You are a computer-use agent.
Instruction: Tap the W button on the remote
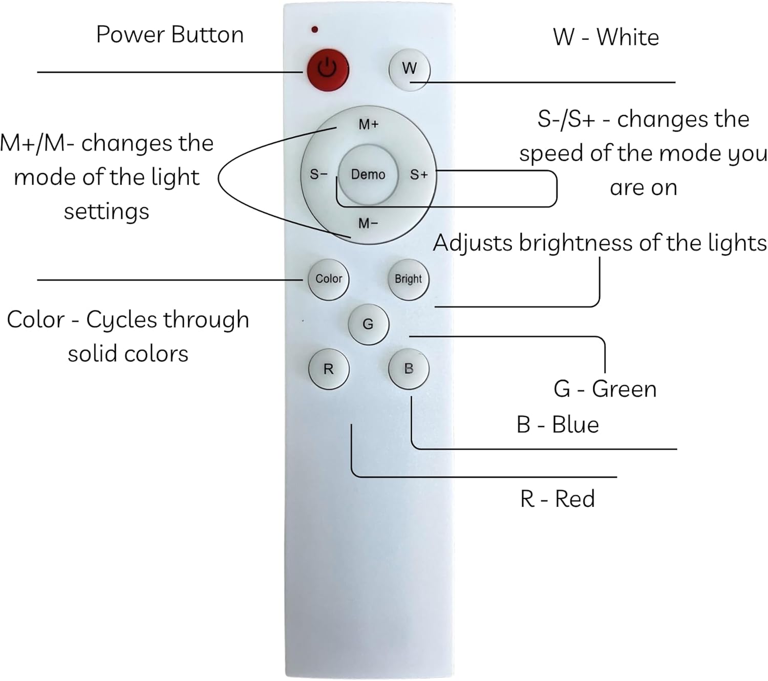(x=409, y=69)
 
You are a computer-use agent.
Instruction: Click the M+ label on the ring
(x=369, y=124)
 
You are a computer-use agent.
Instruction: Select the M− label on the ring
(x=369, y=223)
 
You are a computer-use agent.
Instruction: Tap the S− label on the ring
(x=318, y=175)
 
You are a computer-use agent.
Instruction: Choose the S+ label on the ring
(x=419, y=175)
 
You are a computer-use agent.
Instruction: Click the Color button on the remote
(x=329, y=279)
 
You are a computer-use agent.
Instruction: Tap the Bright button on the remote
(x=409, y=280)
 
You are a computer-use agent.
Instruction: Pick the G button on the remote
(x=368, y=324)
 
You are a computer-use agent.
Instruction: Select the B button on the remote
(x=409, y=369)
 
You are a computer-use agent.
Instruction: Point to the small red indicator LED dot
(x=314, y=30)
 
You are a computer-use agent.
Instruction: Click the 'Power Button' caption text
(x=169, y=35)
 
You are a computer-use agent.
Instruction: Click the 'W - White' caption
(x=606, y=37)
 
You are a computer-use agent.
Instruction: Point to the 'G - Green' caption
(x=605, y=389)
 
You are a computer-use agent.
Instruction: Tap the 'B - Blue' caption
(x=558, y=425)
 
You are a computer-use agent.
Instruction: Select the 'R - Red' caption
(x=558, y=499)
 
